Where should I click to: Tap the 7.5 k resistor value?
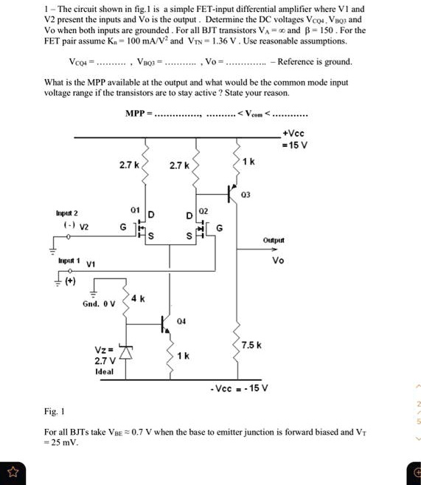(x=251, y=345)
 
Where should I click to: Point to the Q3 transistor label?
(x=246, y=195)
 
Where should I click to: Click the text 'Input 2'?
(x=66, y=213)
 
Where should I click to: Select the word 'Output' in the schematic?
(x=274, y=240)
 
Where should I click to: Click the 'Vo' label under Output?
(x=278, y=261)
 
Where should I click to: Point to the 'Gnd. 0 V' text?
(x=98, y=304)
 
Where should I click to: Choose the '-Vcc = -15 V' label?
(x=239, y=388)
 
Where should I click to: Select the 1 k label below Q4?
(x=184, y=356)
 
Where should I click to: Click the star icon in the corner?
(x=11, y=471)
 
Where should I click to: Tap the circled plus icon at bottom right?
(x=415, y=471)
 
